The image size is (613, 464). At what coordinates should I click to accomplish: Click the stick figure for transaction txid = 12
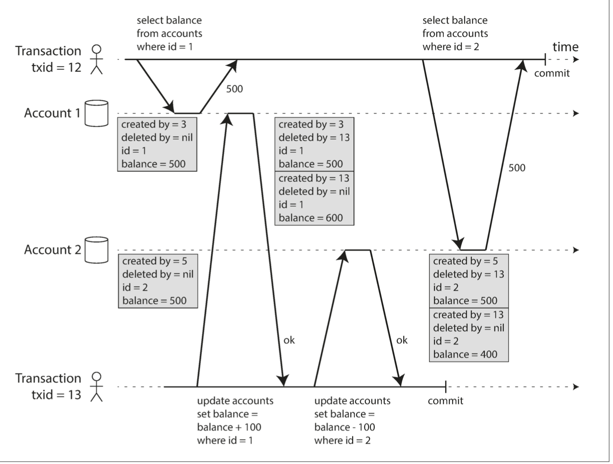(96, 59)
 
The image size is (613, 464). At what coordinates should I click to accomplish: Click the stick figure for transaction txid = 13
(96, 386)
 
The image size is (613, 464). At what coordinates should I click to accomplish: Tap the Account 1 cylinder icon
(97, 113)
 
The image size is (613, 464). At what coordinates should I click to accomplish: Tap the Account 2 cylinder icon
(97, 250)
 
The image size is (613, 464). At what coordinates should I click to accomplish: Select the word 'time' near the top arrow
(565, 47)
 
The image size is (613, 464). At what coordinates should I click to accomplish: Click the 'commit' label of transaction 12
(552, 73)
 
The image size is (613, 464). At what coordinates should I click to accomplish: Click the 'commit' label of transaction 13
(445, 401)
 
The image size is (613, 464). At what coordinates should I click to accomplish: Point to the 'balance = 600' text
(311, 218)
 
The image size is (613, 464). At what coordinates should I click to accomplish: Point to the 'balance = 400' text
(465, 354)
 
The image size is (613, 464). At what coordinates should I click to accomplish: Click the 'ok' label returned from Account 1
(289, 340)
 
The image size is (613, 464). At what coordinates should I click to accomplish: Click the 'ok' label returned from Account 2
(402, 340)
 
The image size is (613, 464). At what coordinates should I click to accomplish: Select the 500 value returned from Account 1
(234, 89)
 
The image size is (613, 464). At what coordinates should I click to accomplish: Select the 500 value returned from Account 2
(517, 168)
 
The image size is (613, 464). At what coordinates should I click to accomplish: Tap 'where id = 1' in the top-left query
(165, 47)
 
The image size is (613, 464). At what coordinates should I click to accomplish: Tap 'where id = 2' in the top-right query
(451, 47)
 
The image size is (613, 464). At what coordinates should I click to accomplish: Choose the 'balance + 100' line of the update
(229, 427)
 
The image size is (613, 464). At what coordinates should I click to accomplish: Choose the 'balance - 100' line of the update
(344, 427)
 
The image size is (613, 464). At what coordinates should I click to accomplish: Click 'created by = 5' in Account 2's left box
(154, 261)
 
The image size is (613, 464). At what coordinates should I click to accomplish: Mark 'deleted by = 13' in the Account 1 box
(314, 138)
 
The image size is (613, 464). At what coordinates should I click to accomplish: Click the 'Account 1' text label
(52, 113)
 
